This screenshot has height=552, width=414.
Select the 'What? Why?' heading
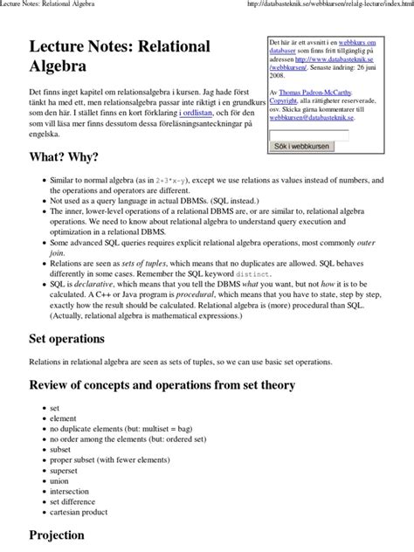tap(64, 157)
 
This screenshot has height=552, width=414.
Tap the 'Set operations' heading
tap(66, 338)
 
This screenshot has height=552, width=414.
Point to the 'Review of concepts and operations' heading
tap(162, 385)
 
